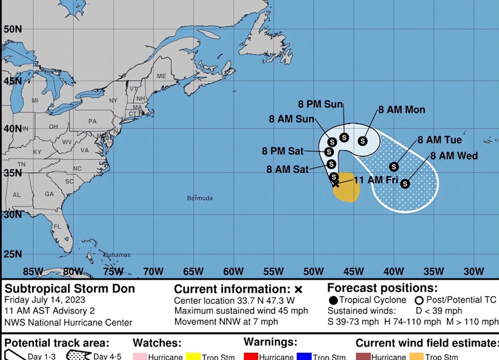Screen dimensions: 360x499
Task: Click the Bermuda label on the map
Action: pyautogui.click(x=200, y=198)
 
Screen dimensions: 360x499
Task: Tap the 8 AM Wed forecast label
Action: pyautogui.click(x=454, y=156)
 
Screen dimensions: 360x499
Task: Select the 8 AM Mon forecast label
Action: pyautogui.click(x=401, y=110)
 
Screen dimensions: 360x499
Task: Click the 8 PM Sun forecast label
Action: pyautogui.click(x=320, y=104)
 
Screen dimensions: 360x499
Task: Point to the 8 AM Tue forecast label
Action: pyautogui.click(x=440, y=140)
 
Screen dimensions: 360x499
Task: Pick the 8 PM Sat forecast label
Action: pyautogui.click(x=282, y=151)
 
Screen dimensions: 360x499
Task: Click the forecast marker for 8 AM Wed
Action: pyautogui.click(x=405, y=184)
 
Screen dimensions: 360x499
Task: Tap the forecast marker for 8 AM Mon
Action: pyautogui.click(x=363, y=141)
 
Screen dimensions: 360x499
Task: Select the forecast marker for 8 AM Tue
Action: pyautogui.click(x=394, y=167)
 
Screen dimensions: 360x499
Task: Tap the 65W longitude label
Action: pyautogui.click(x=193, y=272)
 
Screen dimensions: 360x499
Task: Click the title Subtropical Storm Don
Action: pyautogui.click(x=70, y=289)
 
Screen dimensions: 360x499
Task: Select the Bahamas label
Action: pyautogui.click(x=117, y=255)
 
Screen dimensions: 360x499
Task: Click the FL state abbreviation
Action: pyautogui.click(x=57, y=227)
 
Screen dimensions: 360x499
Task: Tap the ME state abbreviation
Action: pyautogui.click(x=161, y=76)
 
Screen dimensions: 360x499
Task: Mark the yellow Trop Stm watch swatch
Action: pyautogui.click(x=193, y=357)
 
